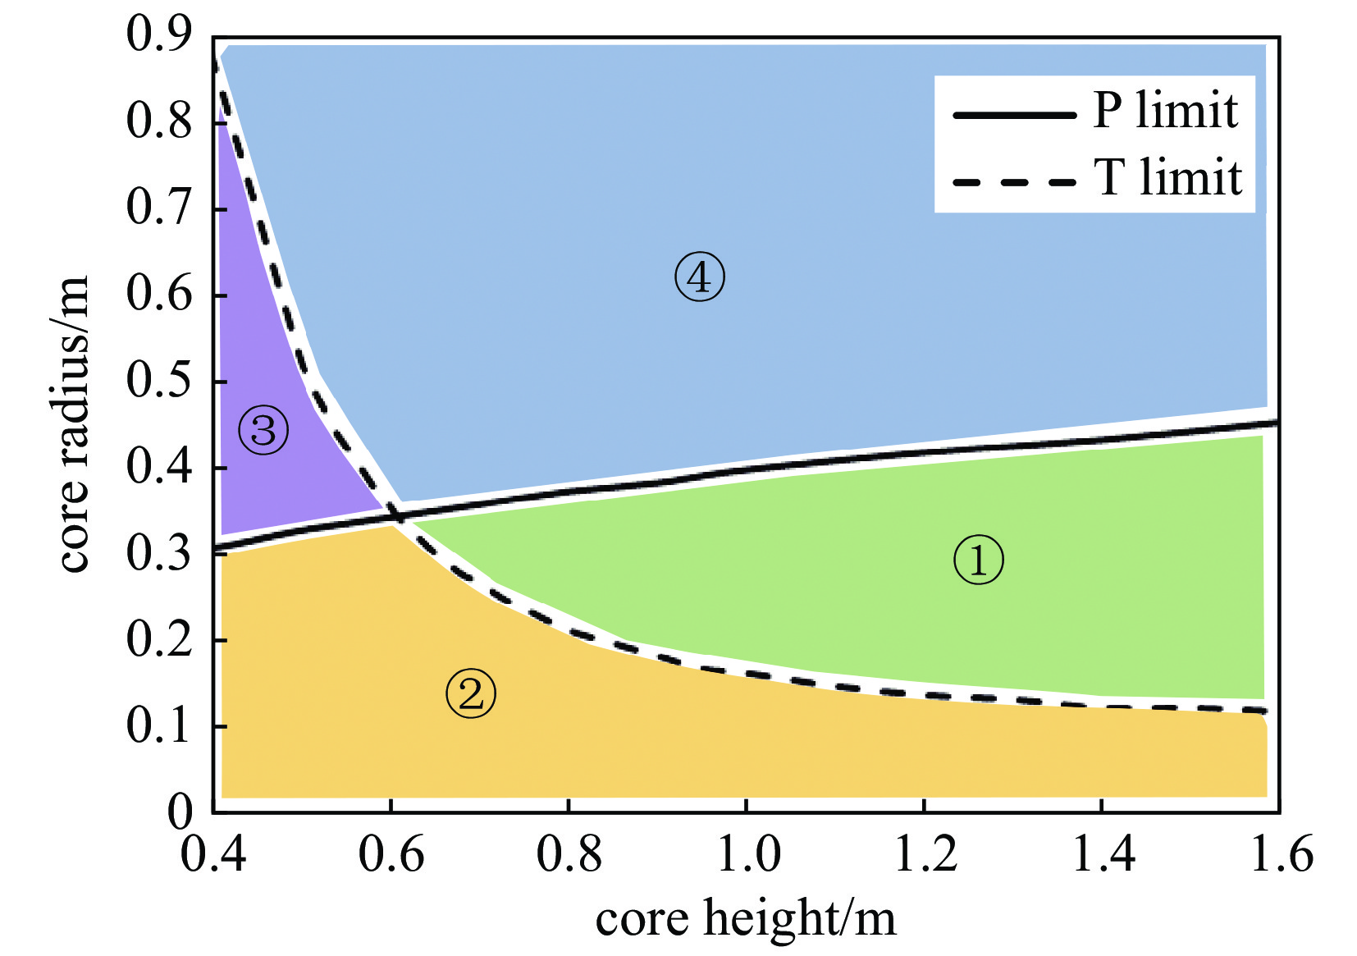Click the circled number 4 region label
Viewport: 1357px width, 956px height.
click(x=699, y=277)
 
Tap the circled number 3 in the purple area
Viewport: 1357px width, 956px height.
click(x=263, y=430)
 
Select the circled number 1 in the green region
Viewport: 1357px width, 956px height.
click(x=978, y=560)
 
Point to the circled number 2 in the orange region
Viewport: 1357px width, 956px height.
click(x=471, y=694)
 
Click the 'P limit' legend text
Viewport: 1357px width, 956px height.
click(x=1165, y=111)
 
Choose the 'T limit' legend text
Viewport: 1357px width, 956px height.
click(x=1168, y=178)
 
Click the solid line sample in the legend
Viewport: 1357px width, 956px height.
click(x=1014, y=115)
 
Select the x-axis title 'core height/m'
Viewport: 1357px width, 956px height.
click(x=746, y=919)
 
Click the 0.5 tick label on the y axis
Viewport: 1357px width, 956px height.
click(x=158, y=381)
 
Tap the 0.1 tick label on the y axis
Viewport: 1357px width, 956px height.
click(x=158, y=726)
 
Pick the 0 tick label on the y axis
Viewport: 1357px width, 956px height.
click(x=180, y=812)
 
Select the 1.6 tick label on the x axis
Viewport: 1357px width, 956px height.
click(x=1281, y=853)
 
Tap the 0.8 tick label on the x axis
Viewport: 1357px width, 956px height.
click(x=569, y=853)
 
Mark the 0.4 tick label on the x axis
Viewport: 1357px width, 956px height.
click(x=213, y=853)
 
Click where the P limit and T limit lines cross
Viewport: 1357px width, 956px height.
click(x=399, y=516)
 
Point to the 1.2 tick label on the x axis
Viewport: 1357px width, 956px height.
click(x=925, y=853)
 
